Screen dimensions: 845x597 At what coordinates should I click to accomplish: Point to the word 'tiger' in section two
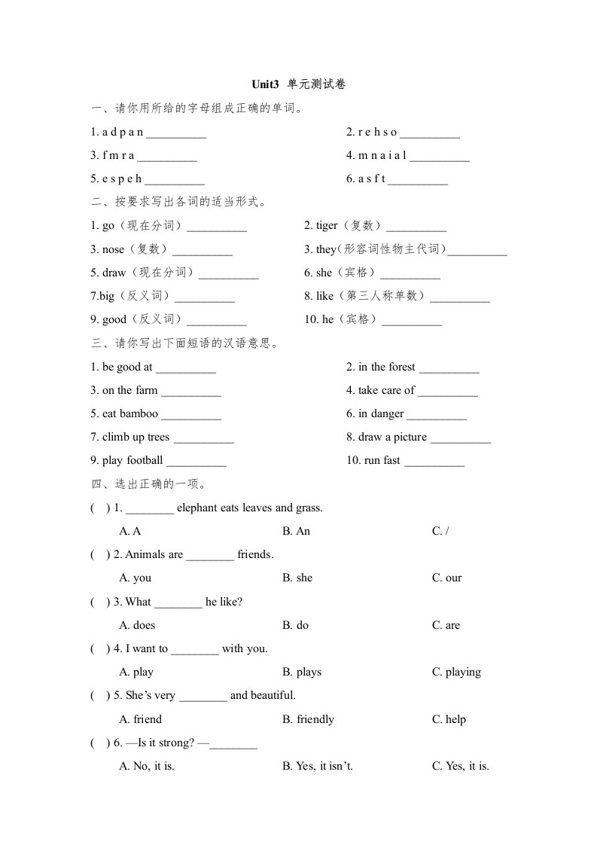click(x=327, y=226)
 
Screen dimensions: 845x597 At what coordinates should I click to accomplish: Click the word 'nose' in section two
click(x=113, y=249)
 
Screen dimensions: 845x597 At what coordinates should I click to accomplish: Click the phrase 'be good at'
click(x=127, y=367)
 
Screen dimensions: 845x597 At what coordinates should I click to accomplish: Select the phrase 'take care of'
click(x=386, y=390)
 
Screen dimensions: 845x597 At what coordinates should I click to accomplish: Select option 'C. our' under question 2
click(x=446, y=578)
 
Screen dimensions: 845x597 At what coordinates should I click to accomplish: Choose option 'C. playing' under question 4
click(x=456, y=672)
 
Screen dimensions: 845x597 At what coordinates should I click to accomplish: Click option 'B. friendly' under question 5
click(x=308, y=719)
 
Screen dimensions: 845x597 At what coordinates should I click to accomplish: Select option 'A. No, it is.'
click(x=148, y=766)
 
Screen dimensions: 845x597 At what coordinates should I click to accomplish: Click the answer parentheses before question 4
click(x=100, y=648)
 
